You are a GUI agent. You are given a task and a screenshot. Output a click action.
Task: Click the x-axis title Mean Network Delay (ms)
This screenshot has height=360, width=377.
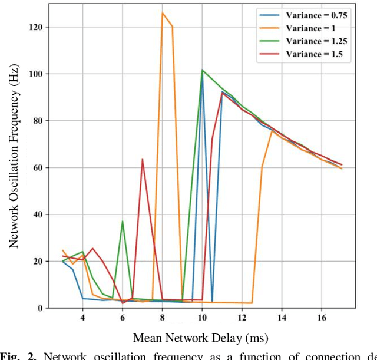(x=201, y=338)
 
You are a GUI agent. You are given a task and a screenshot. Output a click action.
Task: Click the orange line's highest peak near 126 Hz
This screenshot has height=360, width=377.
(x=163, y=13)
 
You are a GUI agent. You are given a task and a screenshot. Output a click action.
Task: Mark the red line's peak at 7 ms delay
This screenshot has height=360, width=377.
(x=143, y=159)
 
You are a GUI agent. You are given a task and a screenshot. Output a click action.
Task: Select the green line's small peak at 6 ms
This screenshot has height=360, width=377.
(x=123, y=222)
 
